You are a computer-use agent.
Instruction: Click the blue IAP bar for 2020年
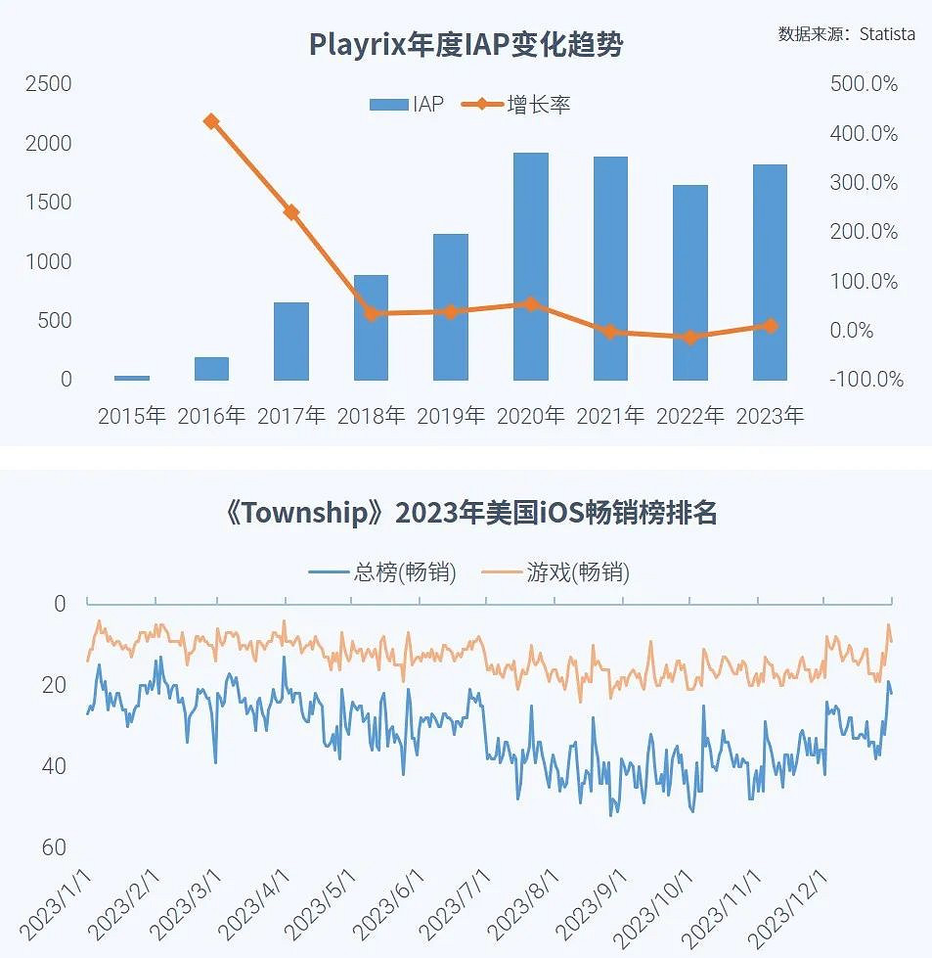[530, 266]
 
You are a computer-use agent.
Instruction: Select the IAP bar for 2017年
[291, 341]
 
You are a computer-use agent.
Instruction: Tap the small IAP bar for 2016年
[211, 368]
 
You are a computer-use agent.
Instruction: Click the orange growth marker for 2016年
[211, 121]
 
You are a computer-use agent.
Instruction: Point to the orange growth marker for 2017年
[291, 212]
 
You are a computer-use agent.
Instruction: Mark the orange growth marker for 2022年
[690, 338]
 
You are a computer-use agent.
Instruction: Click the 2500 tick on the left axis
[49, 84]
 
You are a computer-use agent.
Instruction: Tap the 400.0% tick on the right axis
[865, 134]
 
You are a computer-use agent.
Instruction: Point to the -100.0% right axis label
[865, 380]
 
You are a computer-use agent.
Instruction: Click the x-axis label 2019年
[451, 416]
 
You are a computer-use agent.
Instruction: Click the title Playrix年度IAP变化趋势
[466, 44]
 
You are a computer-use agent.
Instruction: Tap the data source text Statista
[887, 34]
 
